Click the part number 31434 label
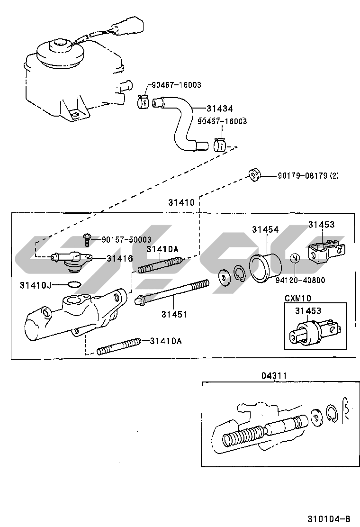click(x=220, y=108)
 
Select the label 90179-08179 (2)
click(x=308, y=175)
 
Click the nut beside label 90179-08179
click(x=254, y=175)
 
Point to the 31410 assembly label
click(x=181, y=202)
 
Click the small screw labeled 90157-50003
click(x=88, y=240)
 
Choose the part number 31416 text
click(x=119, y=258)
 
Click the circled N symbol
click(x=295, y=258)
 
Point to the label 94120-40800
click(x=300, y=280)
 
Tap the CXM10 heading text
click(x=298, y=298)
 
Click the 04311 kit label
click(x=274, y=375)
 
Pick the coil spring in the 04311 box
click(x=243, y=435)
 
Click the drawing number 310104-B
click(x=329, y=518)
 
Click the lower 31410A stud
click(x=118, y=347)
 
